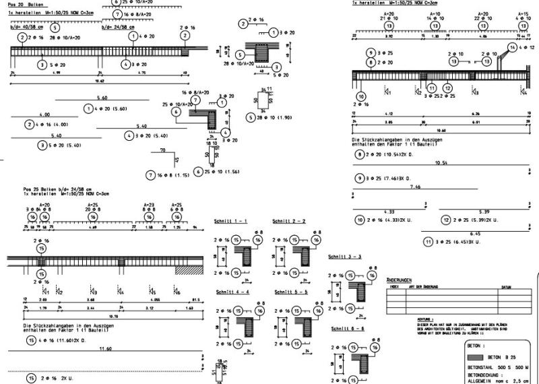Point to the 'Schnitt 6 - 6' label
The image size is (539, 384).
(347, 328)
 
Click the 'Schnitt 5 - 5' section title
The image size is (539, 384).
(291, 292)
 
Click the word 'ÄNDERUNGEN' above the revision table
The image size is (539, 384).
(399, 280)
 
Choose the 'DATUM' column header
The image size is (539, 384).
(505, 286)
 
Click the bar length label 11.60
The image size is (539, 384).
(105, 349)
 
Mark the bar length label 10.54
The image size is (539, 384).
(441, 163)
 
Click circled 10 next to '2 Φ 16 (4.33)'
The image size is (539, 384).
(360, 220)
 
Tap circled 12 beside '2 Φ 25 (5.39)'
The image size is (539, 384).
(445, 220)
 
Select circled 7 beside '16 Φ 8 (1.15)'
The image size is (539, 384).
(150, 175)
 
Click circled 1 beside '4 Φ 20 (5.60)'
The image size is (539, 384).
(88, 108)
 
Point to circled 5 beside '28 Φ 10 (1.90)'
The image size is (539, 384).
(251, 118)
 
